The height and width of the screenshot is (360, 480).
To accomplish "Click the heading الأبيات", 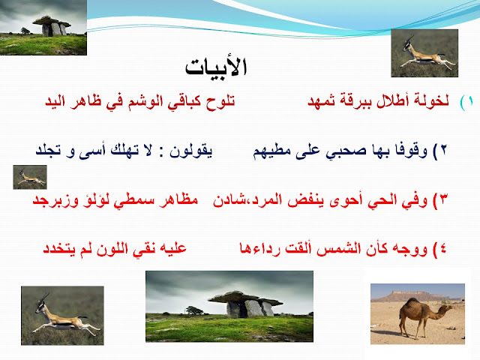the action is [x=216, y=66].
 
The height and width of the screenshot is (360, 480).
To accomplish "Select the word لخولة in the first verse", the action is [x=432, y=100].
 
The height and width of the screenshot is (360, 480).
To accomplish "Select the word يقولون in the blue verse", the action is [x=191, y=150].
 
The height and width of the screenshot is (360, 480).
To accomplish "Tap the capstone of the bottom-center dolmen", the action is [x=245, y=297].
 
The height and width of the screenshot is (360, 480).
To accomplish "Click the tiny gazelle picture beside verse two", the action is [x=30, y=177].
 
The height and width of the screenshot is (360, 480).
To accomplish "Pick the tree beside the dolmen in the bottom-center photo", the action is [x=194, y=310].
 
